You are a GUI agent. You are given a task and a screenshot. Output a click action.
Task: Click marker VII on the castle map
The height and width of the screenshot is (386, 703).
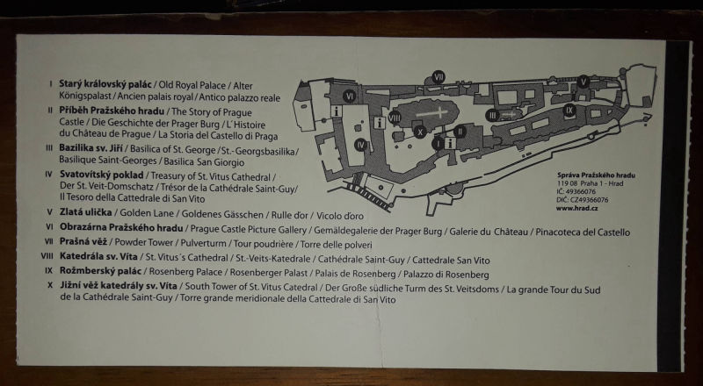438,76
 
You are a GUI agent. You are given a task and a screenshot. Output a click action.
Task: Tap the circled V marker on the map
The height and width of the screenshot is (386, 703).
583,82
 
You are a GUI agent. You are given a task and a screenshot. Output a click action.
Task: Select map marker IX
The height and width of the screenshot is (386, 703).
569,110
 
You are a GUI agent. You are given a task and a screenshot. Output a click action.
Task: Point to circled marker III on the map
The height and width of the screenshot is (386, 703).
492,116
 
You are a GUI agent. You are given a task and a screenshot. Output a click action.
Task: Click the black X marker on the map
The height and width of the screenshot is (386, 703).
420,132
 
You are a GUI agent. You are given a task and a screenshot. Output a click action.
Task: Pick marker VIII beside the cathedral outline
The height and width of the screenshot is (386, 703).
395,118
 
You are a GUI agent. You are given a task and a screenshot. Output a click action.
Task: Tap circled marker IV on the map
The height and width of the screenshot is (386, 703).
360,145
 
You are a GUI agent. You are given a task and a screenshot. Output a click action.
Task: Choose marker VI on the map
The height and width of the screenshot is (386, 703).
350,96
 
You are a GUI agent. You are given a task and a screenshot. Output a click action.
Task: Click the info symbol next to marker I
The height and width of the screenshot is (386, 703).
450,143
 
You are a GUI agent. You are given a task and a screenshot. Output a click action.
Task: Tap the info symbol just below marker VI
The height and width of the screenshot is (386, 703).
336,111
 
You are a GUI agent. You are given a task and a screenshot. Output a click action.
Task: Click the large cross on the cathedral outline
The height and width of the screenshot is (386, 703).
431,113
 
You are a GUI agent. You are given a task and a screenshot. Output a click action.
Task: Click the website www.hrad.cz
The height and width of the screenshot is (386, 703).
576,208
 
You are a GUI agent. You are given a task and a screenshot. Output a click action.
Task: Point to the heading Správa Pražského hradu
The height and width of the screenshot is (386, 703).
596,175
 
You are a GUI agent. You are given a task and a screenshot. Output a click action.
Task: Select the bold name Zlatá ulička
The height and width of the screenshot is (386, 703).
85,212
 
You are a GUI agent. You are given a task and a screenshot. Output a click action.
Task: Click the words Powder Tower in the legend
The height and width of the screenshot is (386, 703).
144,243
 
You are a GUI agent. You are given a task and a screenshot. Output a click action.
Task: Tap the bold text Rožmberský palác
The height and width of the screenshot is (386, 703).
100,271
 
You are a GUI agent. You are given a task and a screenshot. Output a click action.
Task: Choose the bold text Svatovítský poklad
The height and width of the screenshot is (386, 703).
101,175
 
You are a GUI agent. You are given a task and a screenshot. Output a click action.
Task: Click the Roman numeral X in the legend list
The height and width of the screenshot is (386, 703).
50,285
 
